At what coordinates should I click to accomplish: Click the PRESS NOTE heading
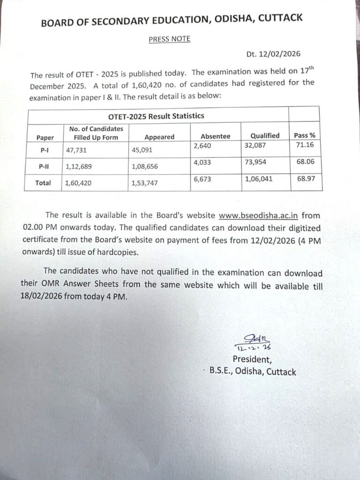pos(169,39)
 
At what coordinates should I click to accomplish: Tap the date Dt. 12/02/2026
pos(273,54)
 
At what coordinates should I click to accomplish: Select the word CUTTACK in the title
pos(278,19)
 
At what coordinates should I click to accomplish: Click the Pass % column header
pos(304,135)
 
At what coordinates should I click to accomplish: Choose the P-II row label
pos(45,167)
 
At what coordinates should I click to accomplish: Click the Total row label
pos(43,183)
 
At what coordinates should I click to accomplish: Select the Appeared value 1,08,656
pos(148,167)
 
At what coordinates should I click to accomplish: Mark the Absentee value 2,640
pos(204,147)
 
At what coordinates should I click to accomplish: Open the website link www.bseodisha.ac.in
pos(259,216)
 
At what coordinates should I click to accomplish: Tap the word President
pos(252,360)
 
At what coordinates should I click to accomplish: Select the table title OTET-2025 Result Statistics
pos(157,116)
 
